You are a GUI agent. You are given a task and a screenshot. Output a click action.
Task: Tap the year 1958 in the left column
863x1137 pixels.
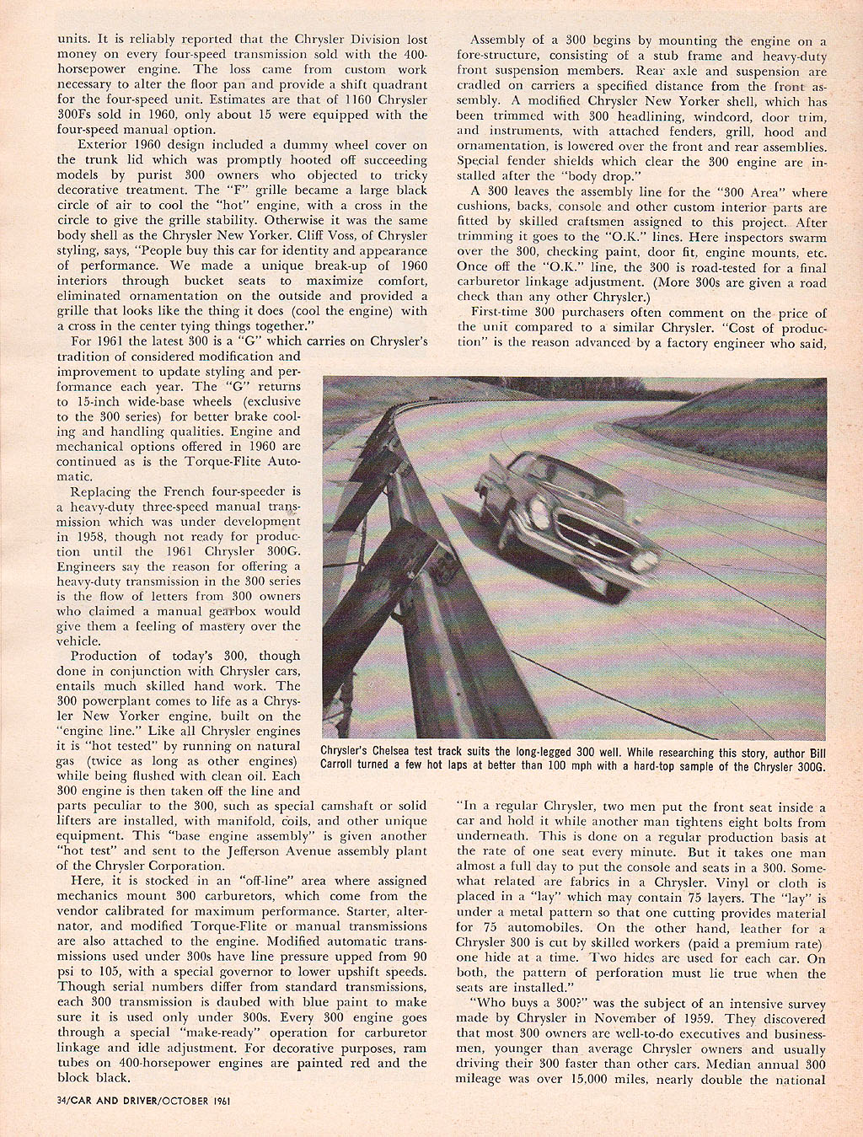(x=74, y=536)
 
